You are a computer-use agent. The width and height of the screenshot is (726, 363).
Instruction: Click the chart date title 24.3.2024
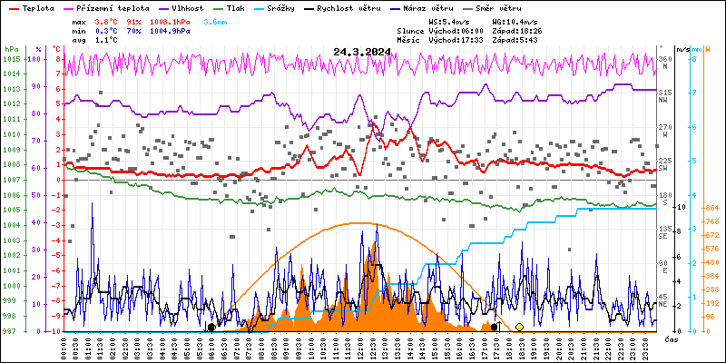pos(362,52)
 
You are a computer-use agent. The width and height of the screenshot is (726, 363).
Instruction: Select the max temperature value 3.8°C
pos(105,21)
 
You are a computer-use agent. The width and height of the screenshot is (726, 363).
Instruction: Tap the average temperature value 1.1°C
pos(105,40)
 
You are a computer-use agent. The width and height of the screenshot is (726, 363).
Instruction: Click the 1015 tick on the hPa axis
pos(11,59)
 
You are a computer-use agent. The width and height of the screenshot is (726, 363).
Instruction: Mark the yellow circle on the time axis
pos(519,327)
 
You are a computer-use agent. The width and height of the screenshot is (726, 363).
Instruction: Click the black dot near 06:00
pos(211,327)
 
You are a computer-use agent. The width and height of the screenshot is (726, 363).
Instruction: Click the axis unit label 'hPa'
pos(11,49)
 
